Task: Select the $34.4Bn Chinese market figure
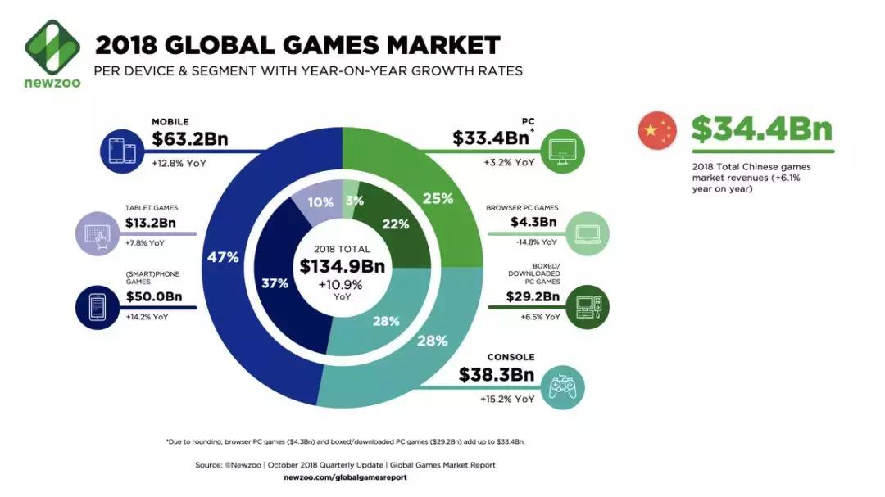tap(762, 130)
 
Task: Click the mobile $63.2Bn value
tap(190, 139)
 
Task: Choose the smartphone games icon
tap(99, 305)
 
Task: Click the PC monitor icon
tap(569, 150)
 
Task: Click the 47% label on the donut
tap(222, 257)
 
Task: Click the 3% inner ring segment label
tap(354, 202)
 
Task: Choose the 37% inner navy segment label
tap(275, 283)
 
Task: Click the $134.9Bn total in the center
tap(342, 266)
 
